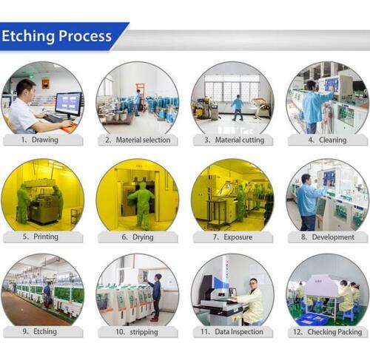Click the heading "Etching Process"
point(56,36)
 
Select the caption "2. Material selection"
point(138,139)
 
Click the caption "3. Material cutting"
point(234,139)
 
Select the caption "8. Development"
point(327,237)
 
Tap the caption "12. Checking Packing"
point(328,332)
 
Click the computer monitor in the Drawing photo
point(67,103)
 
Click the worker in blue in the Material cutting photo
point(238,107)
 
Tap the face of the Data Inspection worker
point(253,284)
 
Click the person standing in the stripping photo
point(156,294)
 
